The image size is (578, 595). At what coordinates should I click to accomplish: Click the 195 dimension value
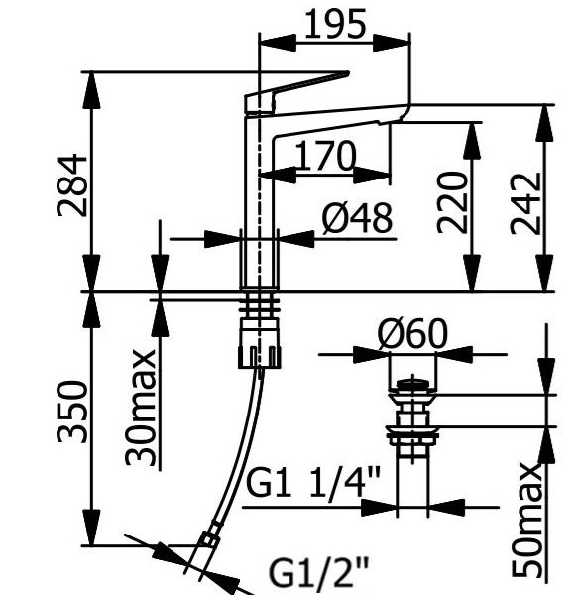click(x=335, y=24)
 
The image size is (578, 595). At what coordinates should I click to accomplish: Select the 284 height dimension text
click(x=71, y=185)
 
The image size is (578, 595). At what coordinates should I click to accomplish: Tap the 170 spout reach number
click(x=325, y=156)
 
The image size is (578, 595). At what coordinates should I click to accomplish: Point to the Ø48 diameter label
click(x=357, y=218)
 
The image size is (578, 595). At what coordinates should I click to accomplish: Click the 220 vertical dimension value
click(x=451, y=202)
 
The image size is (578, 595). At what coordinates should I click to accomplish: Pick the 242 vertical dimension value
click(x=524, y=203)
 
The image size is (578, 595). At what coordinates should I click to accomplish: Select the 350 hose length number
click(x=71, y=412)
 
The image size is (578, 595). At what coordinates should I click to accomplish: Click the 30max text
click(x=141, y=408)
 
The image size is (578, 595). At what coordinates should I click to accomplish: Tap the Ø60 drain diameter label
click(x=412, y=333)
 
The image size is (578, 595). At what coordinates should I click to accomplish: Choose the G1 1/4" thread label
click(x=313, y=483)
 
